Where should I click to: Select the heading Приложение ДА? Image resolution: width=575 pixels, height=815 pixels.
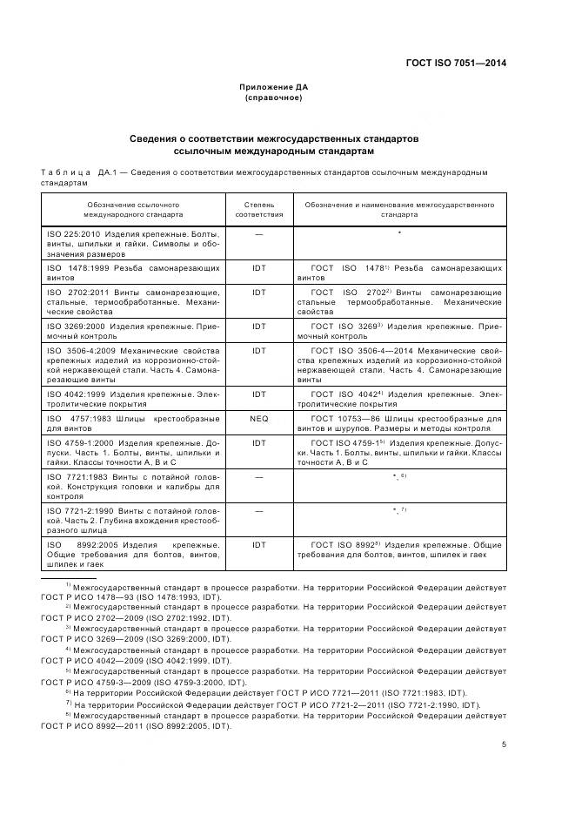coord(274,87)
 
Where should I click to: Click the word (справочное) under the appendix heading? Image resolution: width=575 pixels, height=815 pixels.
coord(274,98)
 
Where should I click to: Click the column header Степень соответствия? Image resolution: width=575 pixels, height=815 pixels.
coord(258,207)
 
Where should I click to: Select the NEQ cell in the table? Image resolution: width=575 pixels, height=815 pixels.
coord(258,419)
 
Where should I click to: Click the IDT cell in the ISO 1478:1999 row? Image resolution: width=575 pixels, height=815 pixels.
coord(258,269)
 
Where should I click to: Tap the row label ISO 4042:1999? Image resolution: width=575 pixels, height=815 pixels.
coord(75,394)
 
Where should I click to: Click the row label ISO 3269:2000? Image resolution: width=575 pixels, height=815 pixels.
coord(75,325)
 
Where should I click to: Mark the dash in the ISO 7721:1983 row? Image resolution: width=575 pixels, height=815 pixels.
coord(258,476)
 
